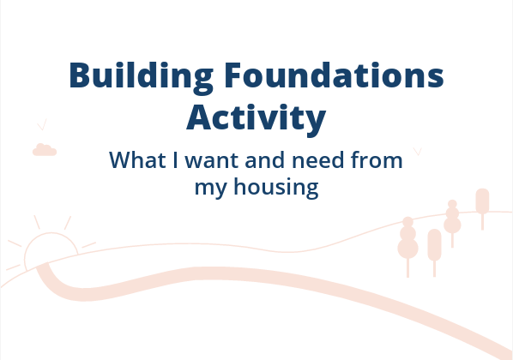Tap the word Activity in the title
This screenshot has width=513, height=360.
[256, 118]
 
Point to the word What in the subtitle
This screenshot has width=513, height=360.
[133, 160]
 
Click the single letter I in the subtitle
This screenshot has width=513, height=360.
[168, 160]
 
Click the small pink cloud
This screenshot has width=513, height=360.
[44, 151]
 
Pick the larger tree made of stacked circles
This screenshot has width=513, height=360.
[407, 240]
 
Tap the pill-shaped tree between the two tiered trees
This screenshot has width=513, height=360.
[434, 244]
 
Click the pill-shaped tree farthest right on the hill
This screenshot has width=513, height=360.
[482, 201]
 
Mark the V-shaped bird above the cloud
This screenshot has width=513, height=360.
[41, 126]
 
